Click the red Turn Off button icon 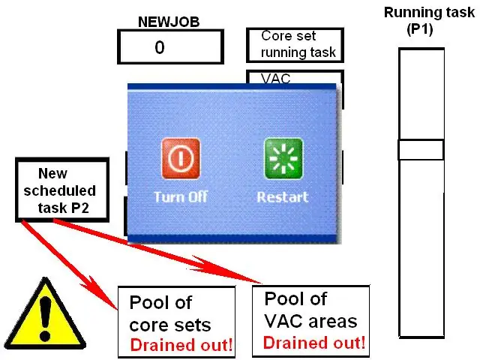[181, 158]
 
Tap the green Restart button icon [283, 158]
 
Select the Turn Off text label [181, 196]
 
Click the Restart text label [283, 196]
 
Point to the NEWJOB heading [169, 22]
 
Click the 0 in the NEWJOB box [160, 47]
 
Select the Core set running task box [295, 45]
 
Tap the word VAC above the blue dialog [275, 78]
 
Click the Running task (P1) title [429, 21]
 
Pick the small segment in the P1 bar [421, 150]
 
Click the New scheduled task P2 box [62, 190]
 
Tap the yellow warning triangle [45, 315]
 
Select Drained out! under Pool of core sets [181, 345]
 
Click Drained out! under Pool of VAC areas [314, 343]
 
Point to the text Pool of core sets [170, 313]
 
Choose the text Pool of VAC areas [310, 310]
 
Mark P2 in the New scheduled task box [80, 208]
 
